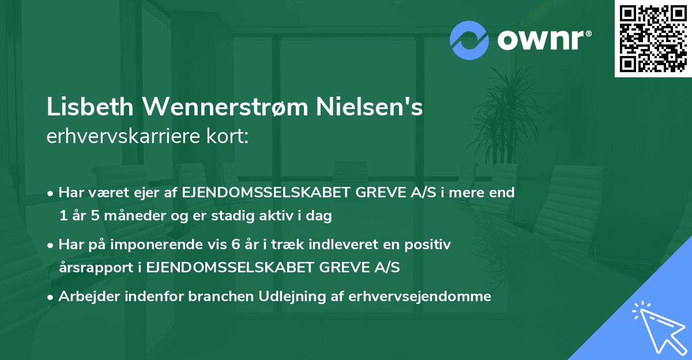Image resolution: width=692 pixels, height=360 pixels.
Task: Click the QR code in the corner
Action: click(653, 38)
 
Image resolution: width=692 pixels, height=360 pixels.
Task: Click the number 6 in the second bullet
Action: click(234, 245)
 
